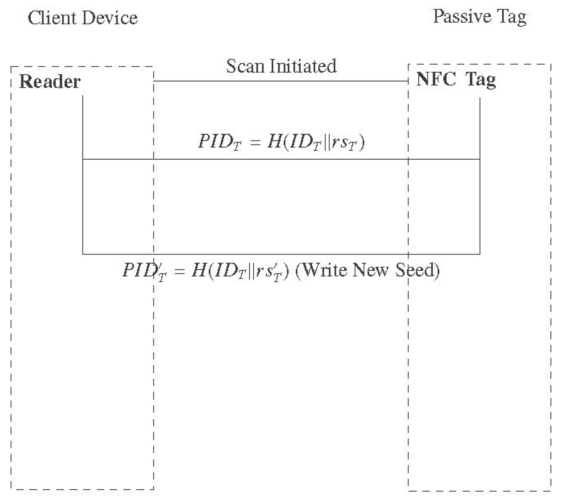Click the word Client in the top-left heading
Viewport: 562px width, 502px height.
pyautogui.click(x=51, y=18)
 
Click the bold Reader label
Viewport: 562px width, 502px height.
pyautogui.click(x=50, y=82)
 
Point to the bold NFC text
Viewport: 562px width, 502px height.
pyautogui.click(x=436, y=79)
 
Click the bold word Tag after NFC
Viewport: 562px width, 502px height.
pyautogui.click(x=481, y=80)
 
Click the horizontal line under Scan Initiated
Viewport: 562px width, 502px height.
pyautogui.click(x=281, y=81)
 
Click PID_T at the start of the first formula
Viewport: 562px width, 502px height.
pyautogui.click(x=219, y=141)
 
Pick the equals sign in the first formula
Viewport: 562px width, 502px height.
pyautogui.click(x=255, y=142)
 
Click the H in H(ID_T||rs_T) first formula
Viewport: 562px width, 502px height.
pyautogui.click(x=274, y=141)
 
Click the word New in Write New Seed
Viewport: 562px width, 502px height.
pyautogui.click(x=371, y=270)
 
